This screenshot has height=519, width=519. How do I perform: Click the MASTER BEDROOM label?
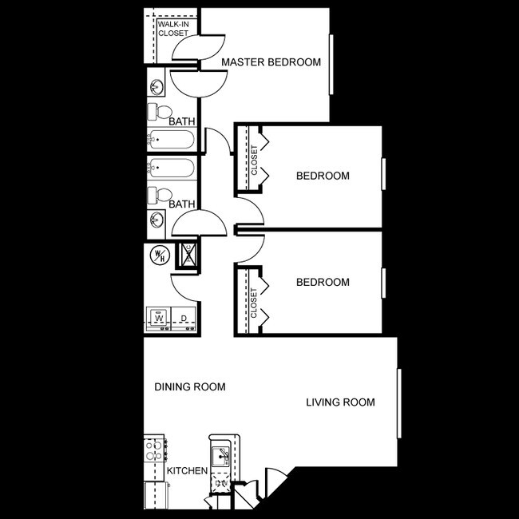[x=271, y=62]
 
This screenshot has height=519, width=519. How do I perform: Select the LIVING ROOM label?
[x=340, y=402]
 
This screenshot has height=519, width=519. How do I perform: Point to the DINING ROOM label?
[x=189, y=387]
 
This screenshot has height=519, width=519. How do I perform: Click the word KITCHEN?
[x=188, y=471]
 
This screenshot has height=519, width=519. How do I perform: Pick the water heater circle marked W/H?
[x=158, y=256]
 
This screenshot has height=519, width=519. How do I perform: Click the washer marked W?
[x=159, y=319]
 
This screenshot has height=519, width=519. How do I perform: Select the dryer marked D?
[x=184, y=319]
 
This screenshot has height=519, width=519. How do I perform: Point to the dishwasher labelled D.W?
[x=221, y=481]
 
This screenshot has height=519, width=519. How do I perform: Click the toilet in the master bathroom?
[x=158, y=110]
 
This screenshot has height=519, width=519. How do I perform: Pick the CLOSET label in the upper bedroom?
[x=255, y=159]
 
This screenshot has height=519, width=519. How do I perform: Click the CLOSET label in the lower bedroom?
[x=255, y=303]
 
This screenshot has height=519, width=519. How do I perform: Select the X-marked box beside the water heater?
[x=189, y=255]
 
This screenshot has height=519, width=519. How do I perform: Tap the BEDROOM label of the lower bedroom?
[x=323, y=282]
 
